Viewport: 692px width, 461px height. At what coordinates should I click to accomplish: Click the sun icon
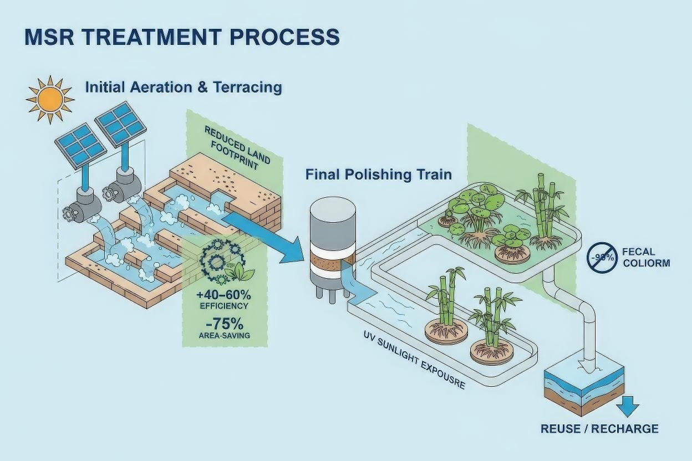tap(50, 100)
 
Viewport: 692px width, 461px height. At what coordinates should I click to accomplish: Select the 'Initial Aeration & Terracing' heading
tap(183, 88)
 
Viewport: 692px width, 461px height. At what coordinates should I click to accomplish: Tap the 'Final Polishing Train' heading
tap(379, 175)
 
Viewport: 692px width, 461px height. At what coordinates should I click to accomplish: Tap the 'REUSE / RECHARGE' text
tap(599, 428)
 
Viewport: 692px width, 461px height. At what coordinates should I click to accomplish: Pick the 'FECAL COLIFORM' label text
tap(646, 257)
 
